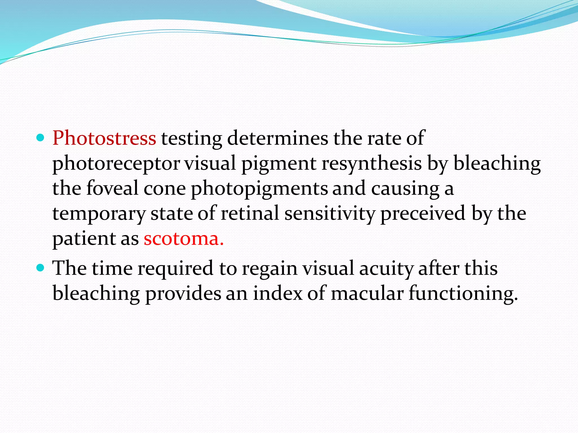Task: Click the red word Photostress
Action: point(104,138)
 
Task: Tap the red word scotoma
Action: point(183,239)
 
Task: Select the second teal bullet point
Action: point(41,268)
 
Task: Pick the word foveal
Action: point(112,188)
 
